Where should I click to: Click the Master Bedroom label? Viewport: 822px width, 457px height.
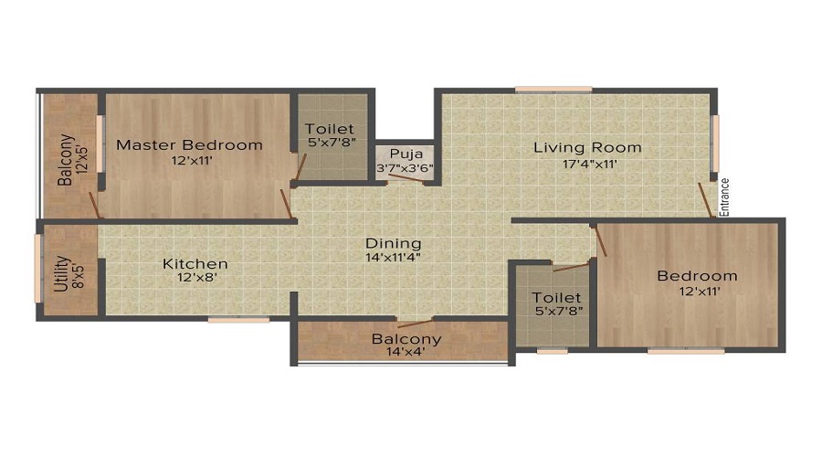tap(189, 144)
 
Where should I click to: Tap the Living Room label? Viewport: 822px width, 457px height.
tap(587, 147)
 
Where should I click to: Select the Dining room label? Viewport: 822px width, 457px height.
tap(394, 243)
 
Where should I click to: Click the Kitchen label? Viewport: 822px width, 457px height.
tap(195, 264)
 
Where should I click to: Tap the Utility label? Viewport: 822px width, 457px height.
tap(59, 272)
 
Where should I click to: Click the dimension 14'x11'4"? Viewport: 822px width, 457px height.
tap(394, 259)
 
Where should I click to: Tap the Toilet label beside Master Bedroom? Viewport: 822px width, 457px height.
tap(330, 130)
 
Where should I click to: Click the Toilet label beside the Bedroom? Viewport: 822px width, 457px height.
tap(556, 298)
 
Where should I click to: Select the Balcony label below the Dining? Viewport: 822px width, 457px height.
tap(406, 339)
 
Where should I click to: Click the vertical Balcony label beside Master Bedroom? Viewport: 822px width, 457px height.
tap(66, 160)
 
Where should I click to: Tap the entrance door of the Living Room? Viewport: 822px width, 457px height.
tap(705, 200)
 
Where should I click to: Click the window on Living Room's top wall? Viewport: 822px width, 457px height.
tap(553, 90)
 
